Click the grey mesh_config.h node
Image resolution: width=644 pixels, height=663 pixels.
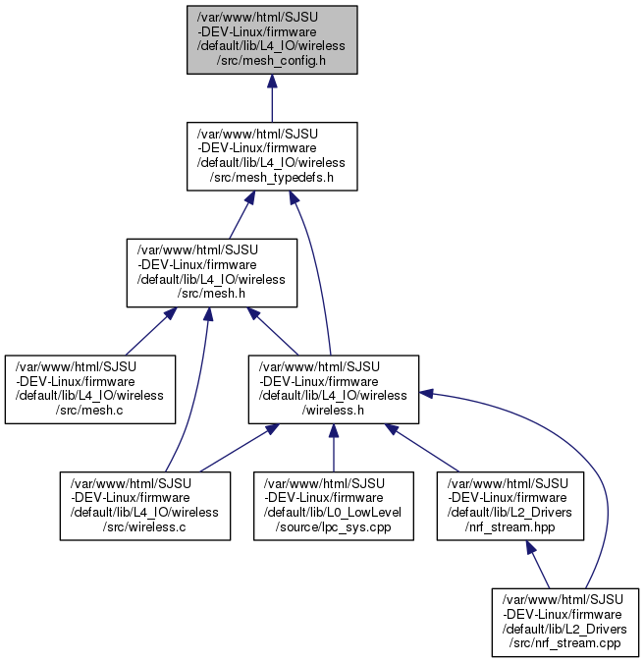pos(272,39)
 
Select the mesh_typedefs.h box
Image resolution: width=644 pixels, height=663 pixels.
pos(272,156)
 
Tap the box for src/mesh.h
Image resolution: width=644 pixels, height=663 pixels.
pos(212,273)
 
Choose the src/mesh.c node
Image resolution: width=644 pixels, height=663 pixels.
pos(90,389)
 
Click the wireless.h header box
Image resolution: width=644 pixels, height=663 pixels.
pos(334,389)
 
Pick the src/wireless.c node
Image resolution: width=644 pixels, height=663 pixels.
pos(145,506)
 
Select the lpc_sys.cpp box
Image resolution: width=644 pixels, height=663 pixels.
pos(334,506)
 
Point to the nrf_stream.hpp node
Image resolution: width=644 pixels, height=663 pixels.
pos(510,506)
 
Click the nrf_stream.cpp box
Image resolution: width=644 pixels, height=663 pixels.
pos(565,623)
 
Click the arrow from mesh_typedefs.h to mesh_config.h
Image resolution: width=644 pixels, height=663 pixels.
pos(272,98)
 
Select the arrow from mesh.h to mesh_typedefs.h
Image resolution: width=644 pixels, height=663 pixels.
pos(242,215)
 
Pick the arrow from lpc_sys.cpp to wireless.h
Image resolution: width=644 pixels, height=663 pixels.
pos(334,448)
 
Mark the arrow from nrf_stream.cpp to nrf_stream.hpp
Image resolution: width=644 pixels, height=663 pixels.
pos(538,565)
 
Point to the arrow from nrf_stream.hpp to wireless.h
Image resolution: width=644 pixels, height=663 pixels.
pos(422,448)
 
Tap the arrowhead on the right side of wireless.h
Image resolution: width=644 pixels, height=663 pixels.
pos(426,393)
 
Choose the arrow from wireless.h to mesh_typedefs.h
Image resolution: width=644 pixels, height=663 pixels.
pos(316,271)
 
